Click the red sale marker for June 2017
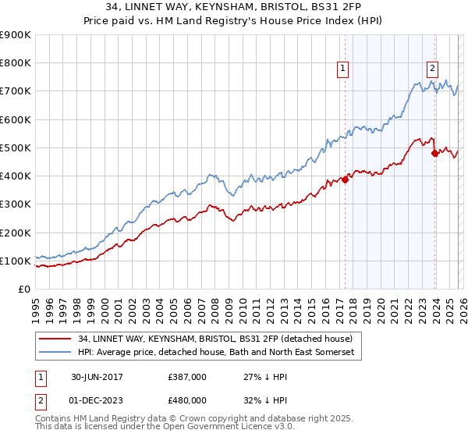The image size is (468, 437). [x=345, y=179]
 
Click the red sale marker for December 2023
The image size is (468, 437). [x=434, y=154]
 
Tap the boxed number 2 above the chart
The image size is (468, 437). [x=432, y=68]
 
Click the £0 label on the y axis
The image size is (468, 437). [x=25, y=289]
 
